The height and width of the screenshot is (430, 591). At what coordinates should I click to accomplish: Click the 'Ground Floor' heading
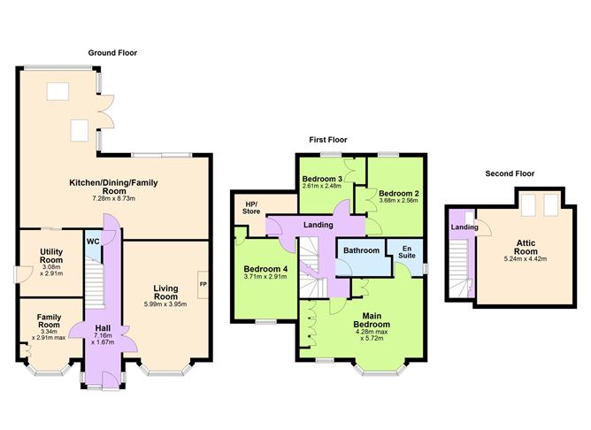coord(112,54)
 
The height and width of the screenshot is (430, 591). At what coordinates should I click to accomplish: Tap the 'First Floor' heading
coord(328,140)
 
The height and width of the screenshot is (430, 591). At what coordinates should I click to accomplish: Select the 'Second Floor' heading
coord(510,173)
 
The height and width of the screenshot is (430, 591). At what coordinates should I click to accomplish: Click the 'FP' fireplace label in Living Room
coord(203,284)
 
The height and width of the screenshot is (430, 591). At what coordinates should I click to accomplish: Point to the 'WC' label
coord(93,242)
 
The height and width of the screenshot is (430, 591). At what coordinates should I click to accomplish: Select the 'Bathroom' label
coord(361,251)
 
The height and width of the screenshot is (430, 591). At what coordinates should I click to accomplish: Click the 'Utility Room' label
coord(51,257)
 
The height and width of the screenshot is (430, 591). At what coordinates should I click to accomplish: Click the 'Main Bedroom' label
coord(372,319)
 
